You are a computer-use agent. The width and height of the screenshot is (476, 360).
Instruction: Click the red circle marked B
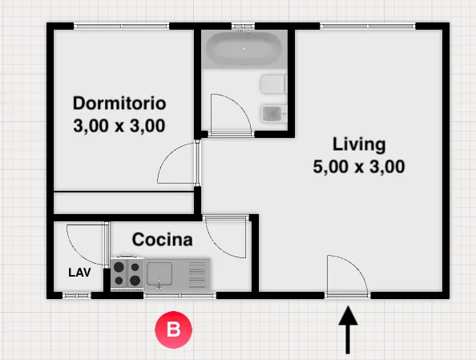pos(173,330)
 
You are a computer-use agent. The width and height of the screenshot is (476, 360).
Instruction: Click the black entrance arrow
pos(348,330)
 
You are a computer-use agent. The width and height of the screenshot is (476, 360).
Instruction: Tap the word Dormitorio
pos(119,103)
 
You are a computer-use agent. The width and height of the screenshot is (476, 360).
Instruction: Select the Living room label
pos(359,144)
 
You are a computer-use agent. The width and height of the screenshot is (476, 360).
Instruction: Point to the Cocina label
pos(163,240)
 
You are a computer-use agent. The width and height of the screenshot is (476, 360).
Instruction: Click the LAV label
pos(79,273)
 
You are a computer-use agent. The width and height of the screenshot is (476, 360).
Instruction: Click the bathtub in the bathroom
pos(244,49)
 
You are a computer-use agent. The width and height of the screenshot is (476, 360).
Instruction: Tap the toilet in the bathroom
pos(273,84)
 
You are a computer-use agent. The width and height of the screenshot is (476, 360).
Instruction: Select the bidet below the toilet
pos(274,114)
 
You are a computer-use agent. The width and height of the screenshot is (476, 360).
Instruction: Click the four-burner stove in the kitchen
pos(127,273)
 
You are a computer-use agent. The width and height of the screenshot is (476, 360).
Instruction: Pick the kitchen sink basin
pos(159,274)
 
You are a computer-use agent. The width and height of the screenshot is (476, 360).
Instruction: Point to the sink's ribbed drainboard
pos(197,274)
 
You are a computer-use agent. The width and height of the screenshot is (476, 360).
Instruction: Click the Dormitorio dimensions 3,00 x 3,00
pos(119,126)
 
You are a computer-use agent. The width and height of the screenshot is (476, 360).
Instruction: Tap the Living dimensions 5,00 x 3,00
pos(359,167)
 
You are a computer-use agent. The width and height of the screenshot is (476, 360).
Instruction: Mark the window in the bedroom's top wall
pos(122,26)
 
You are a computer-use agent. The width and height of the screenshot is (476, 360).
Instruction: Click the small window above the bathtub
pos(243,26)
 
